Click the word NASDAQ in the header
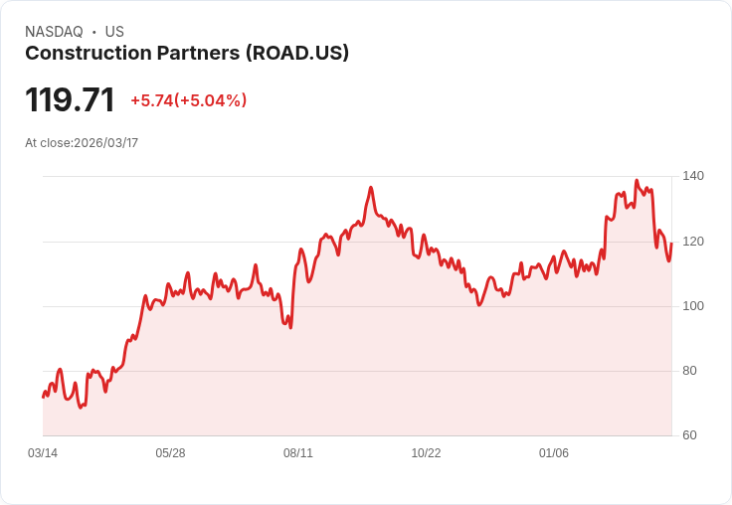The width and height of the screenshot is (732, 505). point(54,32)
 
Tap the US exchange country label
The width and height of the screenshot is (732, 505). point(114,32)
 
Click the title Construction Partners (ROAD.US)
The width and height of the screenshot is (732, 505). point(187,54)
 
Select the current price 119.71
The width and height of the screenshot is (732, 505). point(70,99)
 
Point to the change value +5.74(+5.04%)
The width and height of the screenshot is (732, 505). point(188,100)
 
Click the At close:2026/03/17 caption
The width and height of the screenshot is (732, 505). point(82,143)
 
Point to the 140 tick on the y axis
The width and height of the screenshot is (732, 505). point(693,176)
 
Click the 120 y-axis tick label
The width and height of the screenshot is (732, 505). point(693,242)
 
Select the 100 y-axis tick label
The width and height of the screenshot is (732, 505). point(693,306)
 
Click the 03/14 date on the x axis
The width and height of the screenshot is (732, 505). point(43,453)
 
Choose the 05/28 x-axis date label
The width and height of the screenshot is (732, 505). point(170,453)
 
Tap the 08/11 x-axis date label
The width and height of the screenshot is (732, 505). point(298,453)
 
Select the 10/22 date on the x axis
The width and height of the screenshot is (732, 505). point(426,453)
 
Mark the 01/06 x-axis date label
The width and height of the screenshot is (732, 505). point(554,453)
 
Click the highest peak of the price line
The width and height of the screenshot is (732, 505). point(637,181)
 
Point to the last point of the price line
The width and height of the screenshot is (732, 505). point(671,244)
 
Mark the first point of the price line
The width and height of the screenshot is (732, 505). point(43,397)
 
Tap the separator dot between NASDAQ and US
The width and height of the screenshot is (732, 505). point(93,32)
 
